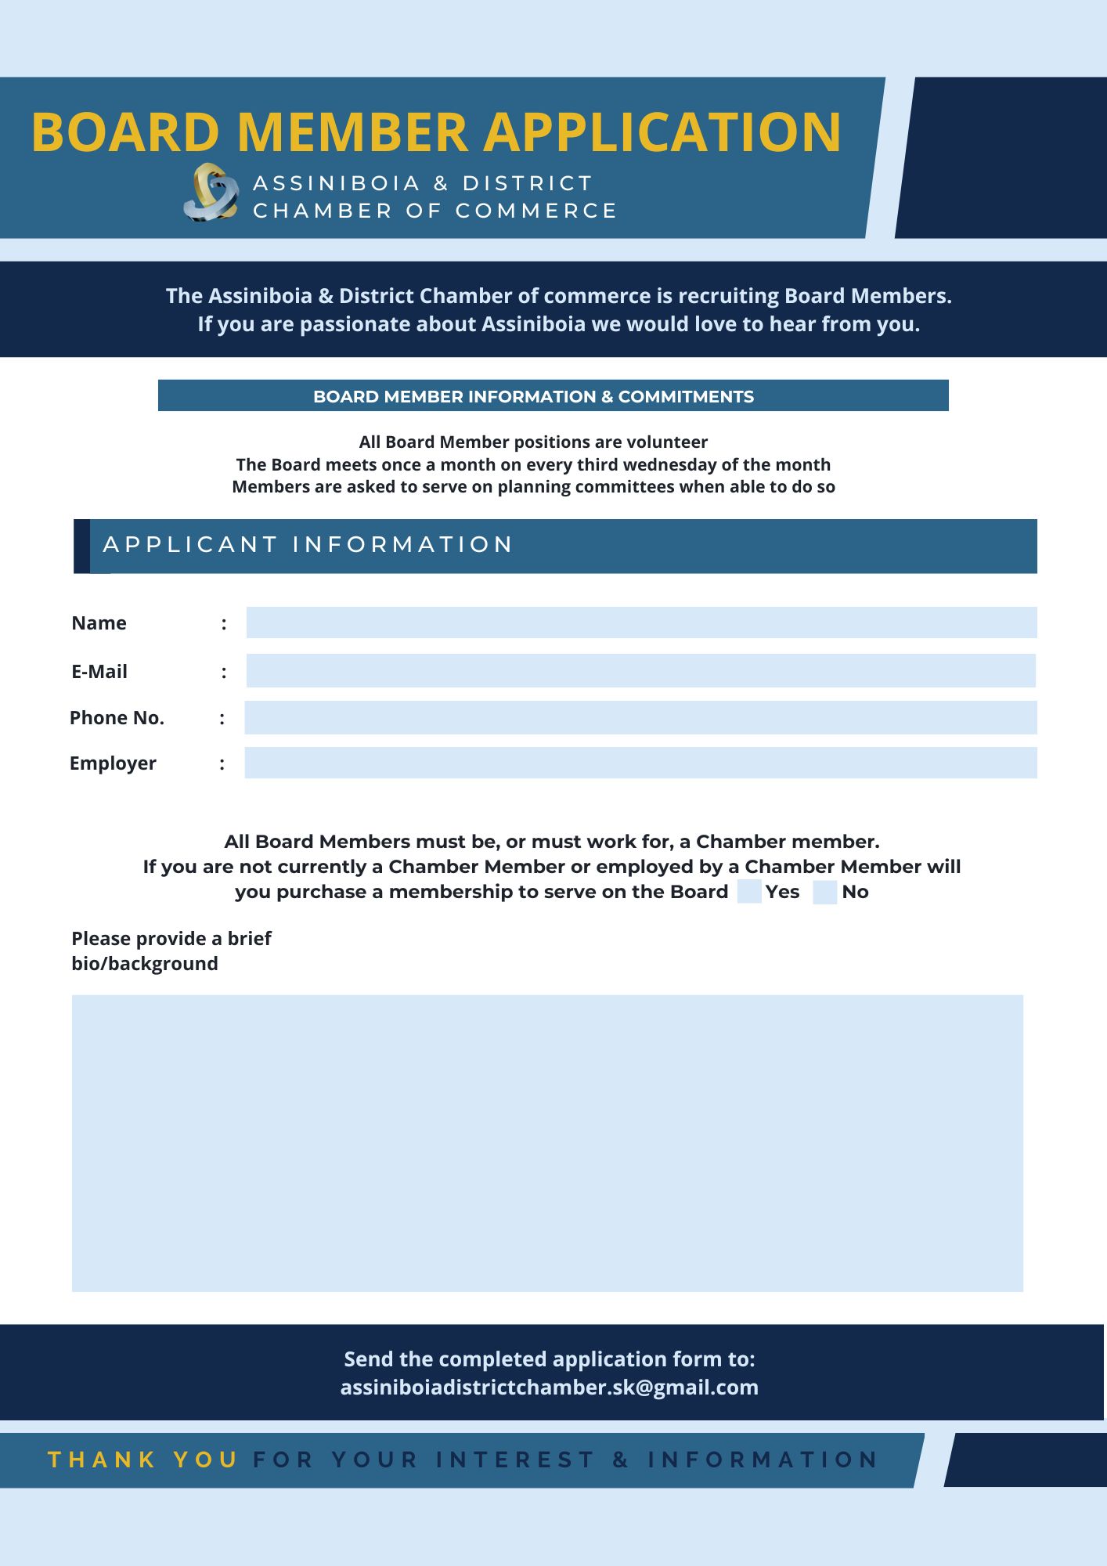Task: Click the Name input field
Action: (x=641, y=622)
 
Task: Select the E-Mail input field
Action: (x=641, y=671)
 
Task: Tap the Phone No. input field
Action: (x=641, y=718)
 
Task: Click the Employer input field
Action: (x=641, y=763)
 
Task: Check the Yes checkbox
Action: (x=749, y=892)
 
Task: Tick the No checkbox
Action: (x=825, y=892)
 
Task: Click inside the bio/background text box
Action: (x=547, y=1143)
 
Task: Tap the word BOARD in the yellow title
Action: (x=125, y=132)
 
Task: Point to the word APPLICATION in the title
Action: (x=662, y=132)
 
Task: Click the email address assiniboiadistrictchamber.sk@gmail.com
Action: (x=549, y=1387)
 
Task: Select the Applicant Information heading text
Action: (x=308, y=545)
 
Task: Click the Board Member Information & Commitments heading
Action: (x=533, y=397)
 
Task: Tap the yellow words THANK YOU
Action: (x=143, y=1460)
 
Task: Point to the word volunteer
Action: (x=666, y=442)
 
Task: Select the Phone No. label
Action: (x=117, y=718)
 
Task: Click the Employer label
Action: (x=113, y=763)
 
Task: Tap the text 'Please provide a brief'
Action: (x=171, y=938)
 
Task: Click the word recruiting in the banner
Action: (x=728, y=296)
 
